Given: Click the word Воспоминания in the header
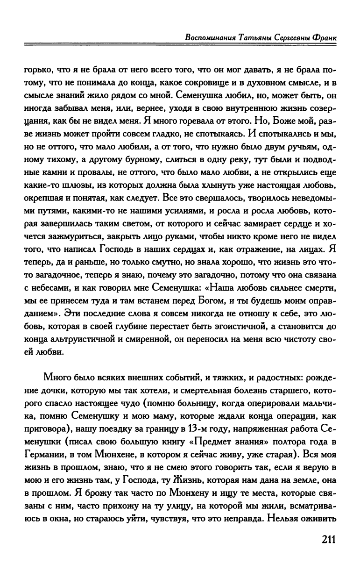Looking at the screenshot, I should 211,37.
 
